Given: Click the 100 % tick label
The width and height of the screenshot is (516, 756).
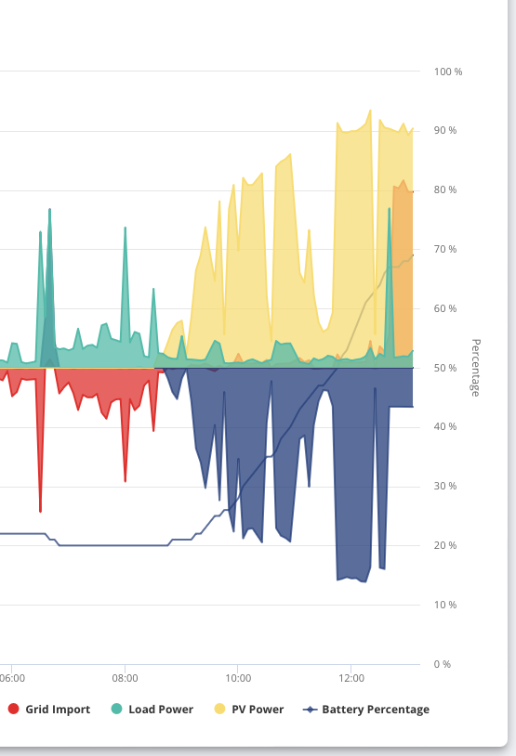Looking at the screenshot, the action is pyautogui.click(x=448, y=72).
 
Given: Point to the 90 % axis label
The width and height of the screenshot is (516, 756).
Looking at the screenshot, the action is pyautogui.click(x=445, y=131).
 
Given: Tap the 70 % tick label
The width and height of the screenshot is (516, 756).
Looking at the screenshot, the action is pyautogui.click(x=445, y=249).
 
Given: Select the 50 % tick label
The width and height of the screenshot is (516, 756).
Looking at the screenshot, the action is pyautogui.click(x=445, y=368).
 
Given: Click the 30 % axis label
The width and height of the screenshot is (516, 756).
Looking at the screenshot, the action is pyautogui.click(x=445, y=486).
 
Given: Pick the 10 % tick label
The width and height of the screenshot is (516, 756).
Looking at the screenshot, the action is pyautogui.click(x=445, y=605).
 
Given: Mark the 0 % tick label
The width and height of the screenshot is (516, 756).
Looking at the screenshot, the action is pyautogui.click(x=443, y=664).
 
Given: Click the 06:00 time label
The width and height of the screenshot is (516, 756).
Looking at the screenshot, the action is pyautogui.click(x=12, y=678).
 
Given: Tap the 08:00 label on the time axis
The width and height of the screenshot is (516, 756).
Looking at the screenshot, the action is pyautogui.click(x=125, y=678).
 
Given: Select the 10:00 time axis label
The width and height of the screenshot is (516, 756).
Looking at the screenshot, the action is pyautogui.click(x=238, y=678).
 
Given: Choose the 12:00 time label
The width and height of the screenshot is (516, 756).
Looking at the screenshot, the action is pyautogui.click(x=351, y=678).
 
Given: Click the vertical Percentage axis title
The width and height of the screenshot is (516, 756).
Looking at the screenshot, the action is pyautogui.click(x=475, y=368).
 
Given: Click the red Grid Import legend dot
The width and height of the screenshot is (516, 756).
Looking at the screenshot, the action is pyautogui.click(x=14, y=709).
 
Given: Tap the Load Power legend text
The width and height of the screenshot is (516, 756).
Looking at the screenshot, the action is pyautogui.click(x=161, y=710).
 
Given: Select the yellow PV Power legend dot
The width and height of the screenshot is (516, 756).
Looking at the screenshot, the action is pyautogui.click(x=219, y=709).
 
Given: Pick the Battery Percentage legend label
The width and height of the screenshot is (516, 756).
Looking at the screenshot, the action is pyautogui.click(x=376, y=710).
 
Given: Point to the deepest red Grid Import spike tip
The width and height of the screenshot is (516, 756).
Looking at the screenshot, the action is pyautogui.click(x=41, y=511).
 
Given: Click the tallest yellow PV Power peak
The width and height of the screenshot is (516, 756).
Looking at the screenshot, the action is pyautogui.click(x=370, y=111).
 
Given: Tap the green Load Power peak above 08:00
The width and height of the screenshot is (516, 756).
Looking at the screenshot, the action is pyautogui.click(x=125, y=228).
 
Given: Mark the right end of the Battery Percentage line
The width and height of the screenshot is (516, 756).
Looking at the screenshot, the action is pyautogui.click(x=413, y=255).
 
